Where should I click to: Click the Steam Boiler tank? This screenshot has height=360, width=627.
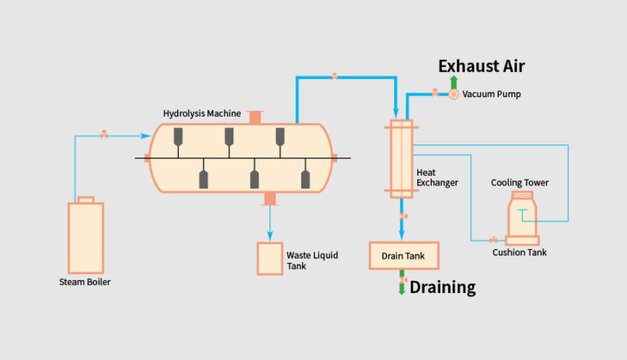coord(85,238)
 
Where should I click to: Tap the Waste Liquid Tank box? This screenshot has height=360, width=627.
coord(269,259)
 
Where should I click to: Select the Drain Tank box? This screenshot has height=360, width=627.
coord(403,256)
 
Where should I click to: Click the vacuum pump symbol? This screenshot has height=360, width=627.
coord(453,94)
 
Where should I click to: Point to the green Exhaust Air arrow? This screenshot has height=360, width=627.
coord(453,81)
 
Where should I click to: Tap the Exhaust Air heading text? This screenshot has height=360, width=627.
coord(482,66)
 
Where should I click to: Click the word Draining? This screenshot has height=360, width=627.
coord(442,287)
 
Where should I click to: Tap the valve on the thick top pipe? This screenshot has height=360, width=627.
coord(334,77)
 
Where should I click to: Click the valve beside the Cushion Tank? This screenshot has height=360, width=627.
coord(493,240)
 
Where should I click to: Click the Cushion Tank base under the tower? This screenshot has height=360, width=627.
coord(521,240)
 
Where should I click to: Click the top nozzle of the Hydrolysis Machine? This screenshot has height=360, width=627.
coord(256,118)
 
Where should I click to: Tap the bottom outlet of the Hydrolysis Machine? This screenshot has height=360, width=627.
coord(269,198)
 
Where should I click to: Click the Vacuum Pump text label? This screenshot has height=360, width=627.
coord(491,95)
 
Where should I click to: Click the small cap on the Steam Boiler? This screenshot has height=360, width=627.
coord(85,198)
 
